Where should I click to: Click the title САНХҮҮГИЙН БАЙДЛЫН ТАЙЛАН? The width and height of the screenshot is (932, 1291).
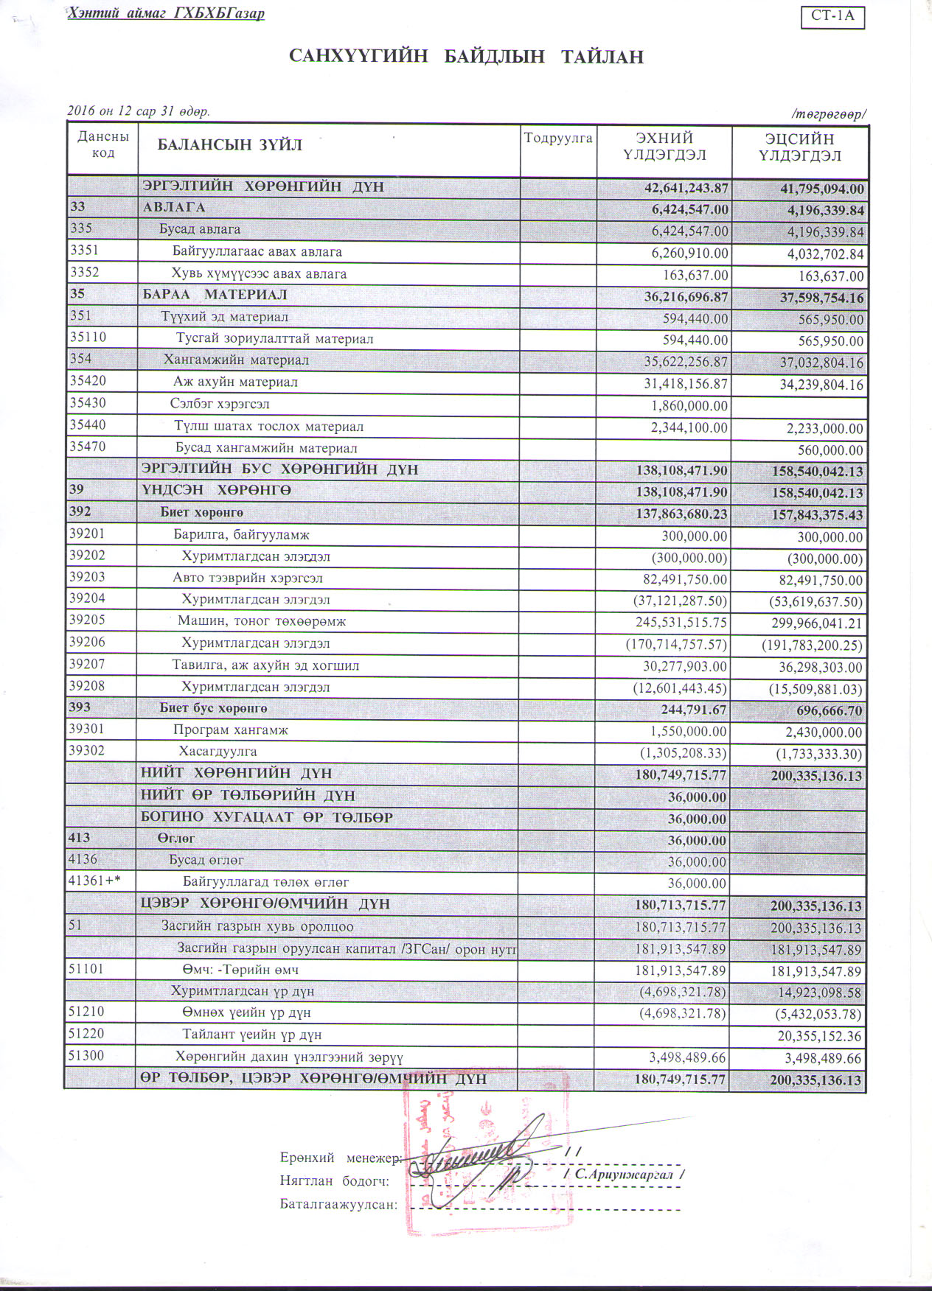pos(466,57)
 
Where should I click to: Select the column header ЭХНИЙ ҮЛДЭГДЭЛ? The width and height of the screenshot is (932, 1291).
pos(664,146)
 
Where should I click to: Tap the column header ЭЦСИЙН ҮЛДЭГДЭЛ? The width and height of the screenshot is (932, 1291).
pos(799,147)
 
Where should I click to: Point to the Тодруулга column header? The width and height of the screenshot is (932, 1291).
pos(558,139)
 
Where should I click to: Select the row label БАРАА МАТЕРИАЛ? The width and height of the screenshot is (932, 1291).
pos(215,295)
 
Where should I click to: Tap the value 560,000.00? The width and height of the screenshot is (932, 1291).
pos(830,449)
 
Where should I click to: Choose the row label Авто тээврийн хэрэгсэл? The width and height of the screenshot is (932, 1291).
pos(248,578)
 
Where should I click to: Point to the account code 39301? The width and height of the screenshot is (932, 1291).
pos(87,730)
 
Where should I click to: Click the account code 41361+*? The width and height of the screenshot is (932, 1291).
pos(94,881)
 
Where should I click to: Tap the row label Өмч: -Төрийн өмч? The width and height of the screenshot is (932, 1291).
pos(240,970)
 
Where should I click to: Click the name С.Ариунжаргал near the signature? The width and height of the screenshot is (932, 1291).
pos(623,1174)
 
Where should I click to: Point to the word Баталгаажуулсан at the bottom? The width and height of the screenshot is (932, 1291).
pos(338,1205)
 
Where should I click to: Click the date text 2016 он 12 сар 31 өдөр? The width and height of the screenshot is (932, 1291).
pos(139,111)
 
